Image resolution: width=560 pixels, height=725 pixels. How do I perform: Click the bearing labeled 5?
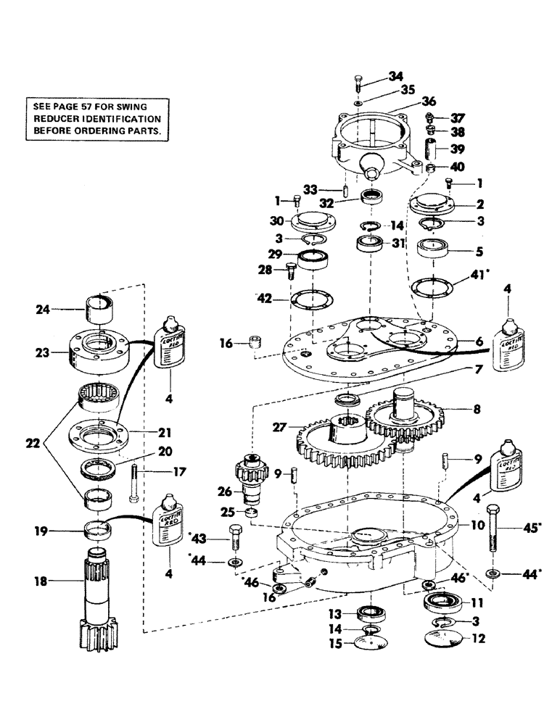point(437,254)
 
